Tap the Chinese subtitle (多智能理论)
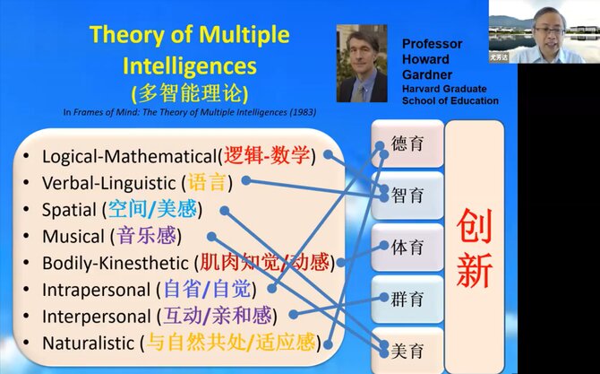click(x=190, y=93)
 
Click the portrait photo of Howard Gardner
click(x=362, y=63)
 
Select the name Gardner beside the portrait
click(x=427, y=74)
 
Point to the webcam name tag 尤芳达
click(x=499, y=57)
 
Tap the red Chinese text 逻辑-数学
click(x=267, y=155)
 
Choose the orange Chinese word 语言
click(x=207, y=182)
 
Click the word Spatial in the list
click(x=69, y=210)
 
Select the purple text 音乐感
click(x=146, y=236)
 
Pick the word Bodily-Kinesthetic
click(x=116, y=264)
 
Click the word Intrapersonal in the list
click(x=96, y=290)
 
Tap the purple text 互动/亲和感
click(x=218, y=316)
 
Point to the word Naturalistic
click(x=88, y=343)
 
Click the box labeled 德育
click(x=407, y=144)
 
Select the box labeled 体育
click(x=407, y=248)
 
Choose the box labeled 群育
click(x=407, y=299)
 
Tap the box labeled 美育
click(x=407, y=351)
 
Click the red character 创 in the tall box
click(x=474, y=227)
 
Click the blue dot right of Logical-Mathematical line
click(x=328, y=154)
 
